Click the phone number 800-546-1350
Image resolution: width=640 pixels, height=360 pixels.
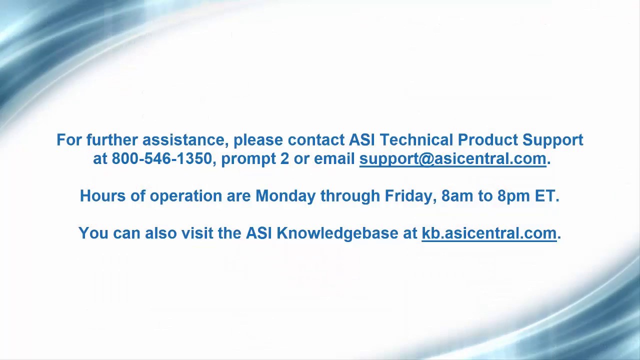(161, 159)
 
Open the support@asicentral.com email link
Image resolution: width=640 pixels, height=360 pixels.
(452, 159)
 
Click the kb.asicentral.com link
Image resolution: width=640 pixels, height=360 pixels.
(489, 233)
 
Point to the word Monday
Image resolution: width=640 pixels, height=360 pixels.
(285, 196)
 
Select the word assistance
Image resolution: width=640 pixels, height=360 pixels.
(185, 140)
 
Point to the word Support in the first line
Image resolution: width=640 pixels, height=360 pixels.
(552, 140)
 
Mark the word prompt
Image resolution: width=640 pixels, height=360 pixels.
(248, 159)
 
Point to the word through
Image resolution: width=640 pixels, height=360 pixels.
(350, 196)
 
